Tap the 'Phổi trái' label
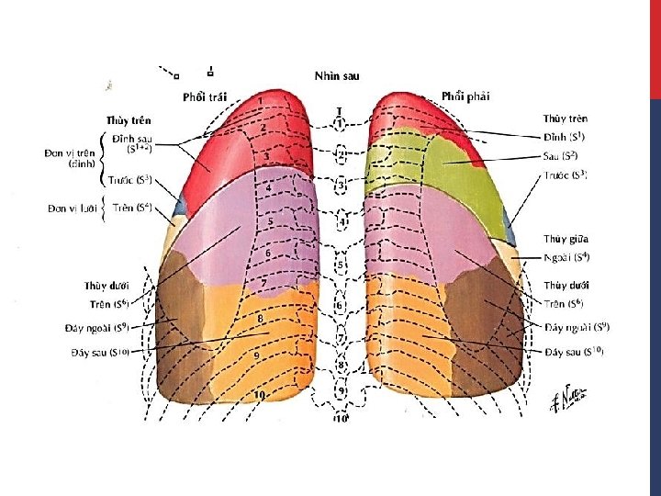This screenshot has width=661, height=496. coord(205,96)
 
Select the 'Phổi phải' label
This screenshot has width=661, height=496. coord(465,96)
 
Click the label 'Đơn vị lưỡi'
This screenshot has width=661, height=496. coord(73,208)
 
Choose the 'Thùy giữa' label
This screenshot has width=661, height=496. coord(566,239)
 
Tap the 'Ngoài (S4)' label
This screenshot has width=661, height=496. coord(566,256)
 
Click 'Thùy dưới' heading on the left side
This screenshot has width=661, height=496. coord(106,286)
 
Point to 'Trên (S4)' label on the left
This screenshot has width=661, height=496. coord(132,208)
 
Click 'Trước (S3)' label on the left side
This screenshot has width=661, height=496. coord(131,179)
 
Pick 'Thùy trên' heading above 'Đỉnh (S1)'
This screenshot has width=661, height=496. coord(566,118)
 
